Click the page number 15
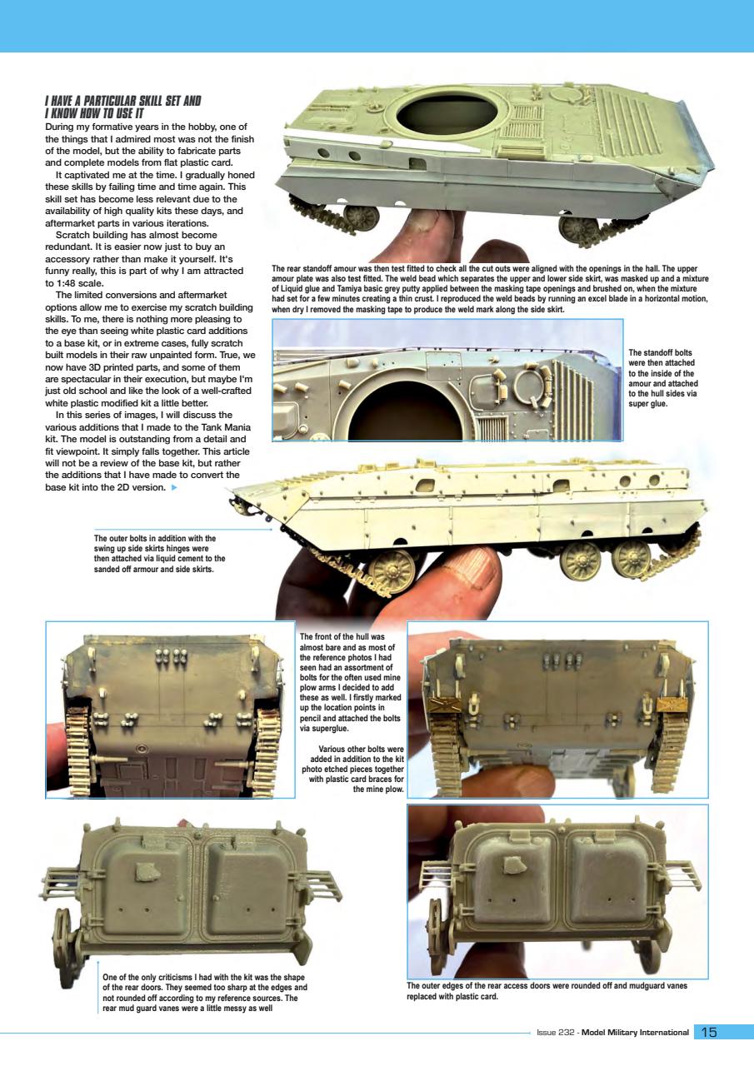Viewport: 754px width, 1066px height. [709, 1033]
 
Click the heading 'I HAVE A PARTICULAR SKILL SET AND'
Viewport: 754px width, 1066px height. [122, 102]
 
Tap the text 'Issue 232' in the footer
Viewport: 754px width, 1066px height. [556, 1033]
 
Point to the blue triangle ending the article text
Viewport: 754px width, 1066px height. [173, 487]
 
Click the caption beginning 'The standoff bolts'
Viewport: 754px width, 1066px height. [662, 379]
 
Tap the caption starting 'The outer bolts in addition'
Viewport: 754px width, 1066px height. [160, 554]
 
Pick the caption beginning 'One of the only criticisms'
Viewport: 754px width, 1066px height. [204, 991]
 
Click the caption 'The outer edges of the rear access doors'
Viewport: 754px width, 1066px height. [547, 990]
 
